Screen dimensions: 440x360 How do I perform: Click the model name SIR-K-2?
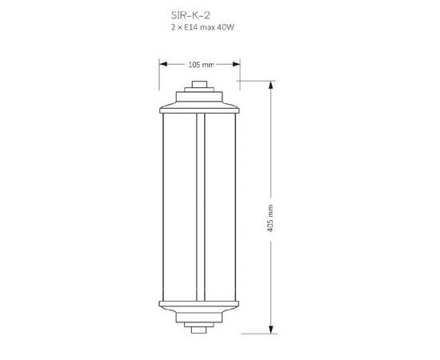(190, 15)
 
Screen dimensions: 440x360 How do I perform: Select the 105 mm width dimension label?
(201, 65)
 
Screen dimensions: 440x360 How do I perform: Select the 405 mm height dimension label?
(270, 218)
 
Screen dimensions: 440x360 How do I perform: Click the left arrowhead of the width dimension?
(163, 64)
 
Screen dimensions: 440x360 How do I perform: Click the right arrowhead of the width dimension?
(236, 64)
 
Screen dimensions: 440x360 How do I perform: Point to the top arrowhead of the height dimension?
(270, 85)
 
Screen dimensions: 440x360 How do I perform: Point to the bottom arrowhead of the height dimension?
(270, 330)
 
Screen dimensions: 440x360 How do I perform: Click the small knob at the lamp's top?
(199, 84)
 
